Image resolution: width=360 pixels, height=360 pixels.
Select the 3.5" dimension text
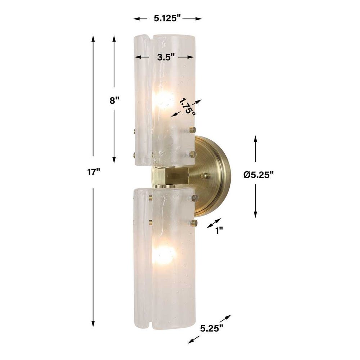166,57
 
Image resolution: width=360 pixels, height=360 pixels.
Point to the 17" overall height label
93,172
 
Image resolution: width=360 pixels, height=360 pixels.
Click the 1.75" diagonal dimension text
188,107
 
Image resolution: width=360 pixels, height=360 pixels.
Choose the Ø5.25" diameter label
258,175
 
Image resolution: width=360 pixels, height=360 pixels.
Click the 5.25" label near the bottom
212,328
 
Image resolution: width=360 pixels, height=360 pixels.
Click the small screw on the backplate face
205,176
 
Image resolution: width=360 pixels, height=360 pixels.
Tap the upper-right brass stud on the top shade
193,130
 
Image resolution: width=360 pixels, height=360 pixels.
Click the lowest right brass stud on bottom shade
194,223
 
